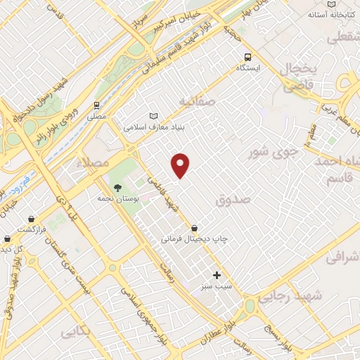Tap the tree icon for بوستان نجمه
point(117,188)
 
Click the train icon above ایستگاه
point(247,57)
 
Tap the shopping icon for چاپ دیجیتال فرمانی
point(194,228)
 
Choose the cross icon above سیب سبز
point(217,275)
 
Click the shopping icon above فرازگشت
point(31,219)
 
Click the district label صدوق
point(233,200)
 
